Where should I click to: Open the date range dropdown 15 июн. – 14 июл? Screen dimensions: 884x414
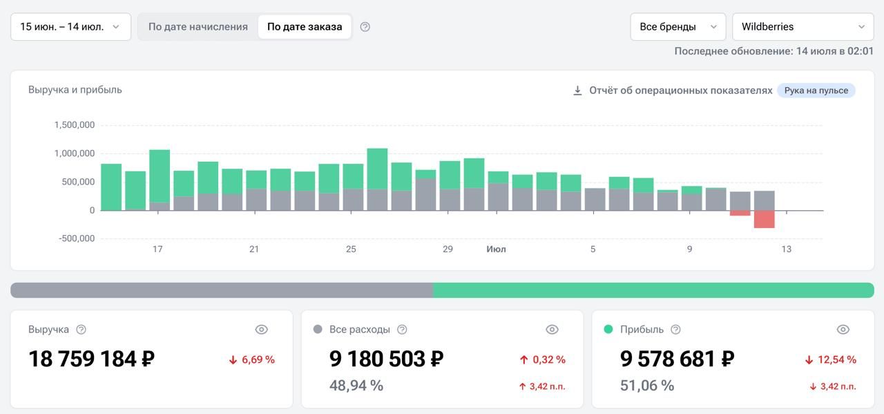70,27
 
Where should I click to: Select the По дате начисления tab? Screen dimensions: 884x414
198,27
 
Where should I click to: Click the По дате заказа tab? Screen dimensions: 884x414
305,27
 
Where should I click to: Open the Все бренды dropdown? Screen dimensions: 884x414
678,27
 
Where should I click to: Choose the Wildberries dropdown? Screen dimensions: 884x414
803,27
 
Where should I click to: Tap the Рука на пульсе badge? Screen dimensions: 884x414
816,91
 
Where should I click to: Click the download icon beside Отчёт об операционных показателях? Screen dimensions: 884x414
577,91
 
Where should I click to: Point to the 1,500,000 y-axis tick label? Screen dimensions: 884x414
75,125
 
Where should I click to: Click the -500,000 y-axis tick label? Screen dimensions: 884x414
77,238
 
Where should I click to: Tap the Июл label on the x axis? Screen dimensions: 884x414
496,250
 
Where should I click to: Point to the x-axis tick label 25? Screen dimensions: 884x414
351,250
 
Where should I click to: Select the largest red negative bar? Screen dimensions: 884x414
764,219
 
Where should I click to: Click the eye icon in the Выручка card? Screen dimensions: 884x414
261,330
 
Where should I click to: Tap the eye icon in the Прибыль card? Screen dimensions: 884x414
843,330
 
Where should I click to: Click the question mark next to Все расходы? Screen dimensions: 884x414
402,330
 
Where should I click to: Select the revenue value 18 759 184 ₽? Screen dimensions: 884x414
92,359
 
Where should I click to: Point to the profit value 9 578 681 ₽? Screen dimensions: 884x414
678,359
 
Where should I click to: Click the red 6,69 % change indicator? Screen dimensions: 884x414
252,359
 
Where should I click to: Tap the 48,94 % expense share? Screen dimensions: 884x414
356,386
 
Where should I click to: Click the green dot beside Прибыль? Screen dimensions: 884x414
608,329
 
